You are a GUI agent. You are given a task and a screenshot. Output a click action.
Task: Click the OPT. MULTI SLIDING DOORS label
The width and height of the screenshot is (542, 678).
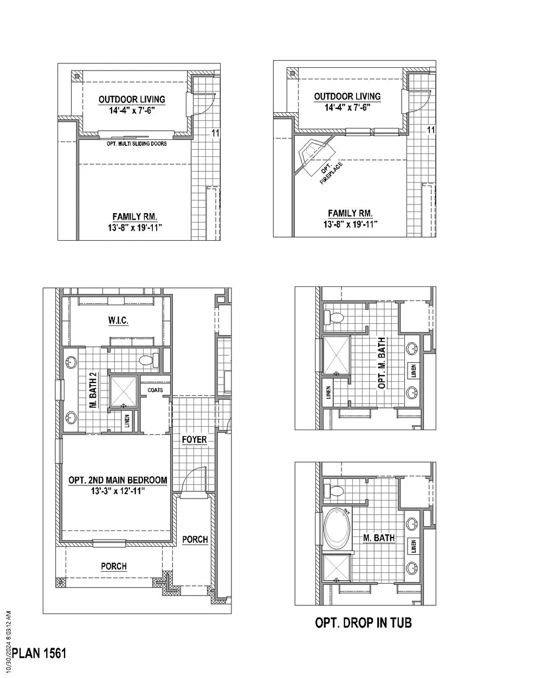coord(137,144)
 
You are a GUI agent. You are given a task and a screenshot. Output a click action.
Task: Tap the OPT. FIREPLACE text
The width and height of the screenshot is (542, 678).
coord(331,172)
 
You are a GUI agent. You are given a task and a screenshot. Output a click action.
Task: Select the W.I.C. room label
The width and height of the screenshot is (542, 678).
coord(118,321)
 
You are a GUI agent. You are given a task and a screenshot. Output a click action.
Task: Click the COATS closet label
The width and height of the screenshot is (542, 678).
coord(155,390)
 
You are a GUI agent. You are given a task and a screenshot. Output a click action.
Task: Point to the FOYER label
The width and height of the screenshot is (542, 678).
coord(195,439)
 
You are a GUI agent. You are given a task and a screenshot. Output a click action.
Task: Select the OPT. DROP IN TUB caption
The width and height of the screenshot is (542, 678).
coord(363,623)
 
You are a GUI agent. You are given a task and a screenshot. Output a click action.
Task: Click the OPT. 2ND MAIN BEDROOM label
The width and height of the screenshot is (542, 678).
coord(118,480)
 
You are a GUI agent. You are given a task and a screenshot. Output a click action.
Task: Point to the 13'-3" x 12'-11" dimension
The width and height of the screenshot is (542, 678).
coord(118,491)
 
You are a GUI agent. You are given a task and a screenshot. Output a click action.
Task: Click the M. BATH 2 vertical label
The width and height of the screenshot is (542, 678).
coord(94,390)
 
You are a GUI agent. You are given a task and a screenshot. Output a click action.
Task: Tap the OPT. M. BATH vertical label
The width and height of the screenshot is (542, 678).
coord(382,363)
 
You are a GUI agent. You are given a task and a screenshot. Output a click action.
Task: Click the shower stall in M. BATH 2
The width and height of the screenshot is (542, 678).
coord(124,392)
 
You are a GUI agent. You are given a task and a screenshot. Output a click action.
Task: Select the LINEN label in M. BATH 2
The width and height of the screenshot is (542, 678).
coord(127,421)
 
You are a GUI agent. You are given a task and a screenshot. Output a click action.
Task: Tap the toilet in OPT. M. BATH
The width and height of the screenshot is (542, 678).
coord(334,317)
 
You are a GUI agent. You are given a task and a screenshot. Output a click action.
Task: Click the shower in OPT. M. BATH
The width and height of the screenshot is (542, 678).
coord(337,355)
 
